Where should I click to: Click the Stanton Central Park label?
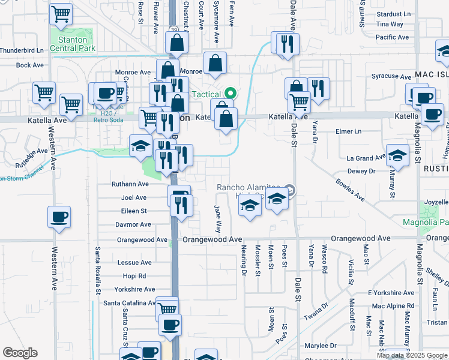tap(73, 43)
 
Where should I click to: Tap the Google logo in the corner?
tap(20, 353)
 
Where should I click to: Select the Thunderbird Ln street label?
tap(22, 50)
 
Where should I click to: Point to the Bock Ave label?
tap(27, 65)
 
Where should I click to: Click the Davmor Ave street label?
tap(133, 224)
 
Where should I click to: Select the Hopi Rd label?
tap(134, 276)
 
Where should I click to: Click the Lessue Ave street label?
tap(134, 263)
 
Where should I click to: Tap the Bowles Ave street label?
tap(350, 189)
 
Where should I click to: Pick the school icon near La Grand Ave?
tap(397, 155)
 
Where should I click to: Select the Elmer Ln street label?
tap(349, 131)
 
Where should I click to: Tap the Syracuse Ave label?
tap(391, 76)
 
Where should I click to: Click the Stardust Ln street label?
tap(393, 14)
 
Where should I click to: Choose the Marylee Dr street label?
tap(320, 346)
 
